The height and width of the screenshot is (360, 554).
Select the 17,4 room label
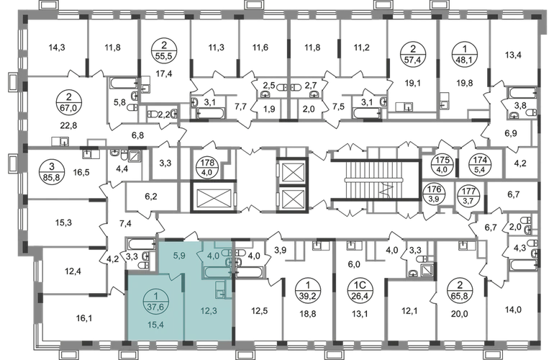[165, 72]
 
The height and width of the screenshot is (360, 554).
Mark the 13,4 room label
[357, 313]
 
